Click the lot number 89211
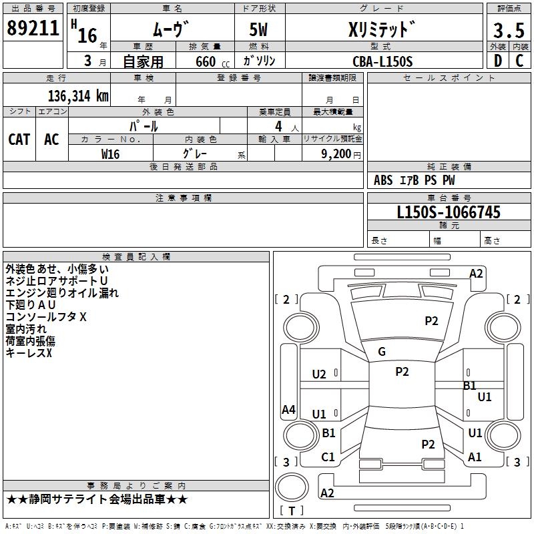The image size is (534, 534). pyautogui.click(x=33, y=28)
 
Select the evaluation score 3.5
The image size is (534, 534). pyautogui.click(x=509, y=30)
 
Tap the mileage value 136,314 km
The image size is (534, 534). pyautogui.click(x=78, y=96)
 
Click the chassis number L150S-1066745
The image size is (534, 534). pyautogui.click(x=449, y=212)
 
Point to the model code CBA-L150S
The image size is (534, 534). pyautogui.click(x=382, y=61)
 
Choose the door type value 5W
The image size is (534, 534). pyautogui.click(x=258, y=29)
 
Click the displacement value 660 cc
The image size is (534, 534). pyautogui.click(x=212, y=62)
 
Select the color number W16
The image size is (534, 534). pyautogui.click(x=110, y=154)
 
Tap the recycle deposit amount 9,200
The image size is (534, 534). pyautogui.click(x=336, y=154)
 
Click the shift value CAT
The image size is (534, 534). pyautogui.click(x=19, y=140)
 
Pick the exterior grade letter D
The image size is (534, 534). pyautogui.click(x=498, y=61)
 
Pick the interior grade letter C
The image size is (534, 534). pyautogui.click(x=519, y=61)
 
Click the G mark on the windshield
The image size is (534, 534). pyautogui.click(x=382, y=352)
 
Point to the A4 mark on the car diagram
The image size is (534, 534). pyautogui.click(x=288, y=409)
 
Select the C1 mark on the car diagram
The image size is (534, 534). pyautogui.click(x=328, y=457)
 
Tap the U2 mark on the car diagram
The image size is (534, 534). pyautogui.click(x=319, y=374)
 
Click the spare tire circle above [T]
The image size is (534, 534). pyautogui.click(x=292, y=487)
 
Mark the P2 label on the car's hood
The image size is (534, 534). pyautogui.click(x=431, y=321)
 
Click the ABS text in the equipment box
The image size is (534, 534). pyautogui.click(x=383, y=180)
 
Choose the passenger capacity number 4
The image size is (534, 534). pyautogui.click(x=278, y=126)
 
